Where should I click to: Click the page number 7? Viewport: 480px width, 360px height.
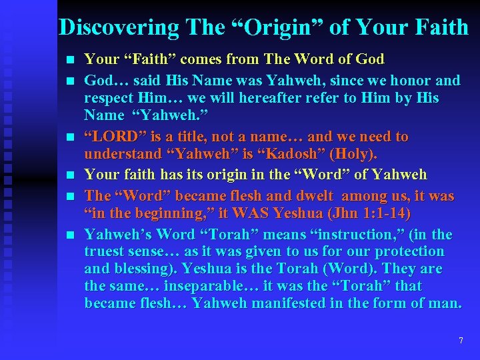461,341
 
